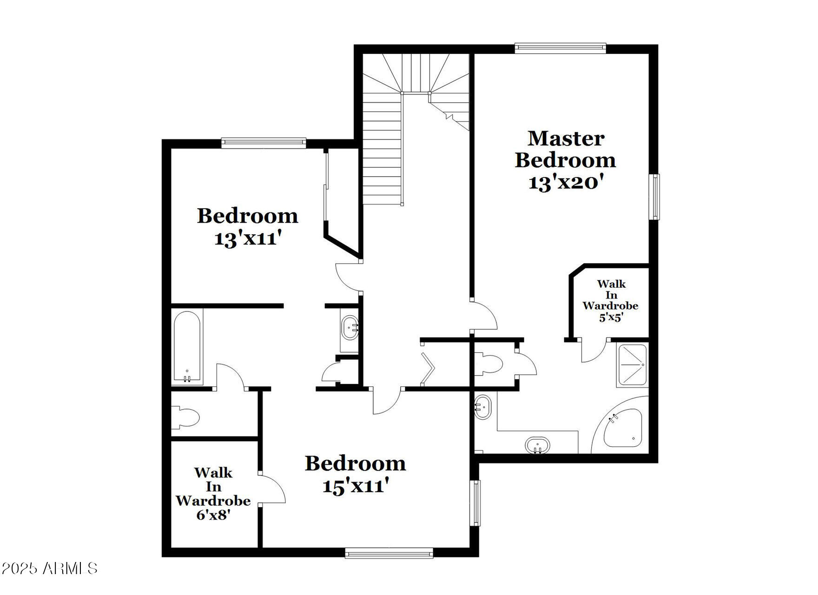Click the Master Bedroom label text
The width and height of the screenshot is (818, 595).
[x=566, y=149]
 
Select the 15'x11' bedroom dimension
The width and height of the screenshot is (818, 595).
[x=356, y=486]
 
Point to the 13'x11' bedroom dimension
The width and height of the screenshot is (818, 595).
[x=248, y=238]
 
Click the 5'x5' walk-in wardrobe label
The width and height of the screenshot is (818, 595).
[x=610, y=317]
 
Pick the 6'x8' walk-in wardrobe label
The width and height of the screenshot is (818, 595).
[x=213, y=515]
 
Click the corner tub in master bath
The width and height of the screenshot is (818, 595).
[x=623, y=428]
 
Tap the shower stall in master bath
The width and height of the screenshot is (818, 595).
[x=632, y=365]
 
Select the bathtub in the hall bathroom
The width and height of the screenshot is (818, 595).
[x=187, y=346]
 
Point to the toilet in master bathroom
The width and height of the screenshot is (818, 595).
[x=488, y=364]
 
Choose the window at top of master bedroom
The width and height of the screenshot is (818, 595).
[x=560, y=48]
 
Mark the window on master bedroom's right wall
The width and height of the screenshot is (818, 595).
[x=654, y=197]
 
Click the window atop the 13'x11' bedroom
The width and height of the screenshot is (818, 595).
[x=264, y=143]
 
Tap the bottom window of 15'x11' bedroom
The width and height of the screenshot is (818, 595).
[x=389, y=553]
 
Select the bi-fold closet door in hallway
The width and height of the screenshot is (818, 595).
[x=428, y=370]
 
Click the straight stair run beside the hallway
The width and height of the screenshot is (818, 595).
[x=382, y=149]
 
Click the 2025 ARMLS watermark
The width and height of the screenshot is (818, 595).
[x=49, y=568]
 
